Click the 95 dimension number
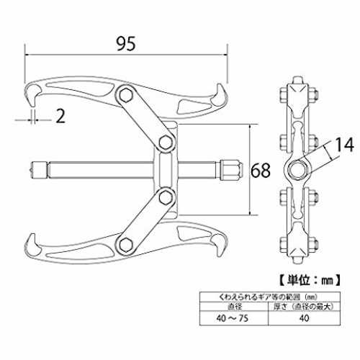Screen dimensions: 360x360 tap(126, 44)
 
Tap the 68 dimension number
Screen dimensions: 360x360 tap(261, 170)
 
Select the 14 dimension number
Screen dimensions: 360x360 tap(344, 145)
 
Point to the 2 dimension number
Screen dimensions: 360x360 tap(60, 116)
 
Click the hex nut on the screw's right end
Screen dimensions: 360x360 tap(230, 170)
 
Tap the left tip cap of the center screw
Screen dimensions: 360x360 tap(38, 170)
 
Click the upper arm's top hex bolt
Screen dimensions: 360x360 tap(126, 94)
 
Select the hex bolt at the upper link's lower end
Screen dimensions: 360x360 tap(166, 143)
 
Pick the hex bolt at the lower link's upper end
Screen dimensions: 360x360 tap(166, 197)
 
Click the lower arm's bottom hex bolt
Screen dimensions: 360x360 tap(126, 246)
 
